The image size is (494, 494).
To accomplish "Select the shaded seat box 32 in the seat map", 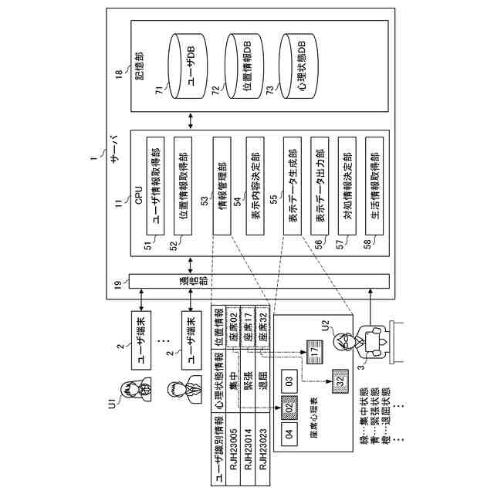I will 340,379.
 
